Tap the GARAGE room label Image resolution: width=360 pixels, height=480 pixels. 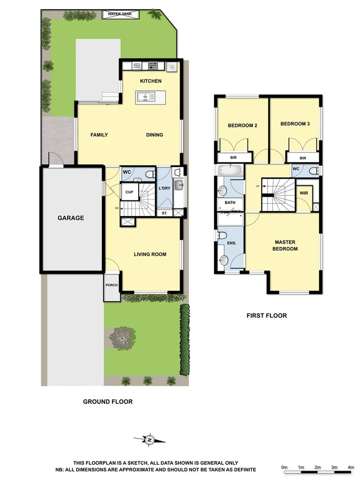tap(71, 218)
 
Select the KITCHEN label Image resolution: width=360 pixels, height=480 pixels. tap(150, 81)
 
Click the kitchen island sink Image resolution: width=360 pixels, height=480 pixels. tap(145, 97)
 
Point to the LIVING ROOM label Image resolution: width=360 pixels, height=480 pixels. tap(150, 254)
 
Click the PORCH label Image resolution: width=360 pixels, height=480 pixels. tap(111, 285)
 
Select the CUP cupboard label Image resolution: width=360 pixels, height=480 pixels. tap(129, 192)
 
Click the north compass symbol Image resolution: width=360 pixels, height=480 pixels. tap(150, 439)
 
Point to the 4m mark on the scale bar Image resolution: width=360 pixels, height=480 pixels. tap(350, 467)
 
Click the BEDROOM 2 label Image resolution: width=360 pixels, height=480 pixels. tap(243, 126)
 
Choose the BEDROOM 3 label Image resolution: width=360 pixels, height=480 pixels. tap(295, 124)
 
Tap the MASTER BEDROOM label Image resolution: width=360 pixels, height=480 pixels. tap(286, 245)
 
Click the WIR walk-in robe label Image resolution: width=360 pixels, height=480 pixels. tap(304, 193)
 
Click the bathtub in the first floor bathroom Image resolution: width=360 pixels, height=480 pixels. tap(230, 170)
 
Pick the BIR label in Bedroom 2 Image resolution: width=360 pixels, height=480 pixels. tap(233, 158)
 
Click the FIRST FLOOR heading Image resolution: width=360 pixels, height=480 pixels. tap(266, 316)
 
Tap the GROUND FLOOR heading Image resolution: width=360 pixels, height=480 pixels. tap(107, 402)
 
